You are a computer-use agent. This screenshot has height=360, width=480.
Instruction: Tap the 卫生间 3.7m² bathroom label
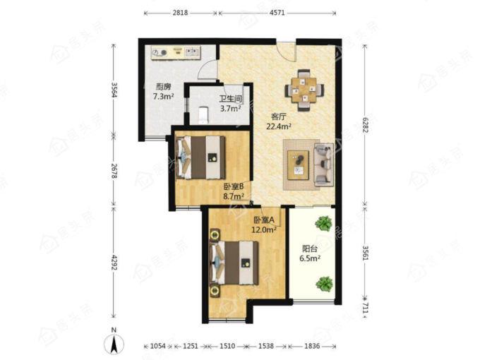[x=231, y=104]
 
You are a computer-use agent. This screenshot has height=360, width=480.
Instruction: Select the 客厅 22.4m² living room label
[x=278, y=121]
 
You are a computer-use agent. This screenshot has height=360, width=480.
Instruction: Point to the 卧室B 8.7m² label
[x=234, y=191]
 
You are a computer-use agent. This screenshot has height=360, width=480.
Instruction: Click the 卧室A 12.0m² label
[x=264, y=225]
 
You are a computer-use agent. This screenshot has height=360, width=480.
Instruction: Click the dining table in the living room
[x=304, y=90]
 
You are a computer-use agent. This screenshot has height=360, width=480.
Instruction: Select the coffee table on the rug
[x=298, y=165]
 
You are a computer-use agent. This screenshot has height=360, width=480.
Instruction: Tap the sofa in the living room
[x=323, y=164]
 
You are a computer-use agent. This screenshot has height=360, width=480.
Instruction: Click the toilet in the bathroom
[x=203, y=115]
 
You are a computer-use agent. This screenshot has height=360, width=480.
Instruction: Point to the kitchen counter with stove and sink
[x=176, y=52]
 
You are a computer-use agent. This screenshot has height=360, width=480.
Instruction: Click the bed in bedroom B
[x=200, y=157]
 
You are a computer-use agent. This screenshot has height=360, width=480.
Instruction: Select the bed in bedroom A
[x=234, y=263]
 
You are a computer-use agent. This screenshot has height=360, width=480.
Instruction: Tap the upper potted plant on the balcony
[x=324, y=223]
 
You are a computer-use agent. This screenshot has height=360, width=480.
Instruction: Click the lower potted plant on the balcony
[x=324, y=284]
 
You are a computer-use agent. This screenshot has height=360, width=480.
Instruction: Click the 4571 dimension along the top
[x=277, y=13]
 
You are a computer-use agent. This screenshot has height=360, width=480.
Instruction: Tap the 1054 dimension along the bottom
[x=158, y=346]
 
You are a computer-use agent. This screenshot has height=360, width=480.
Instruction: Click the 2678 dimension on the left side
[x=114, y=171]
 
